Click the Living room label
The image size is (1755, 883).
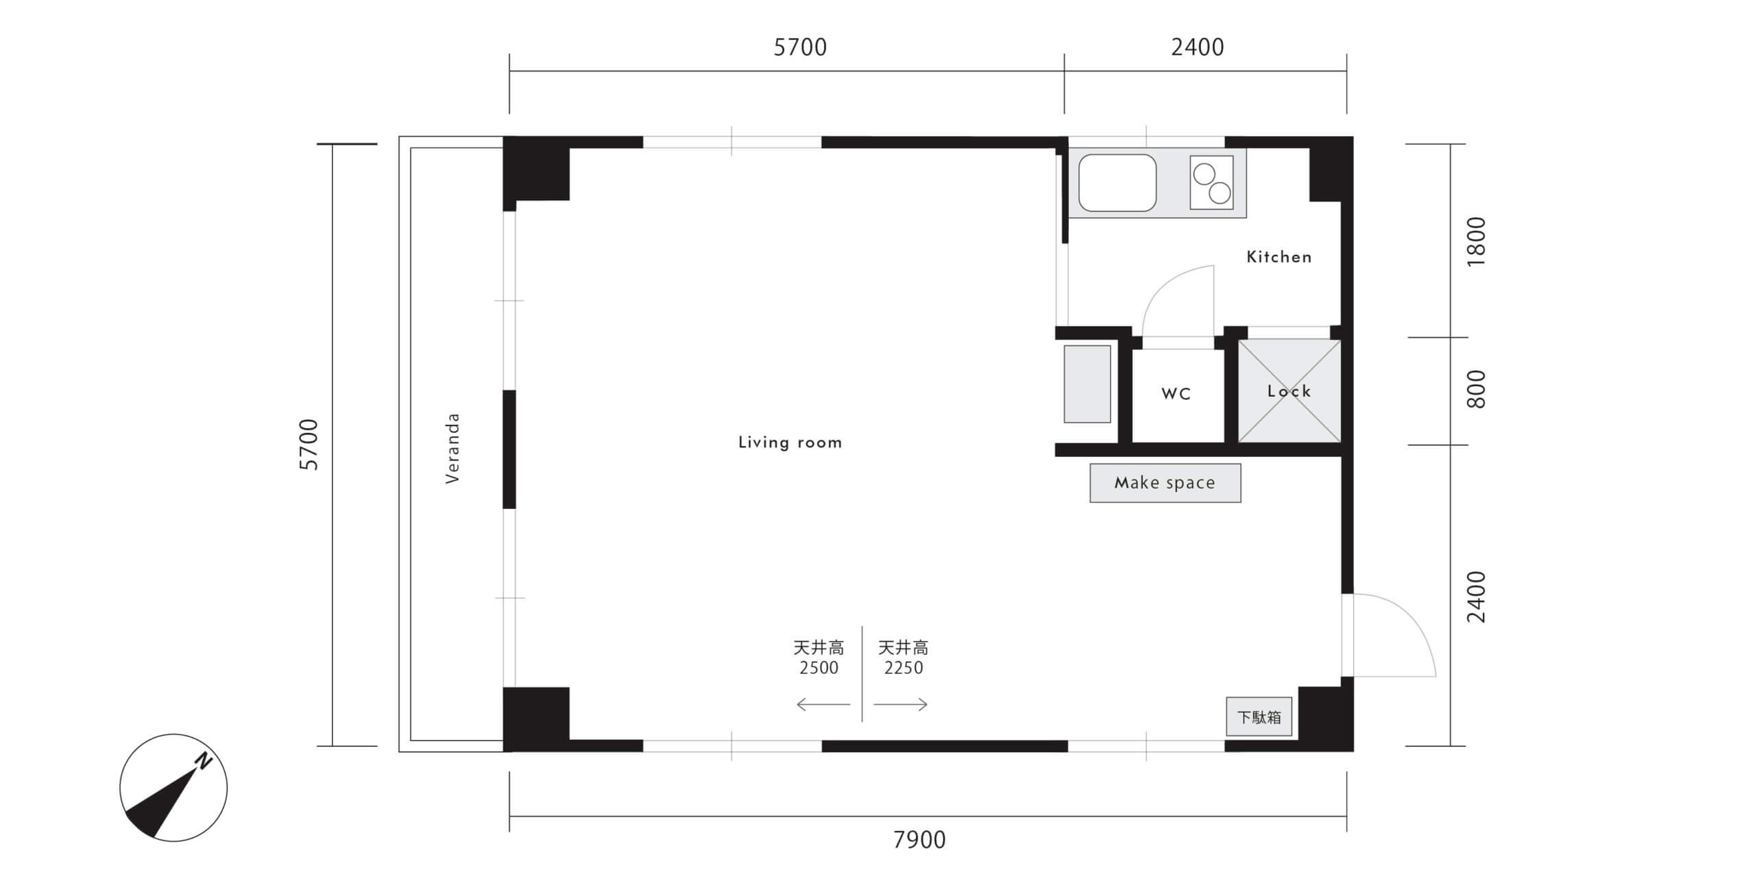[790, 443]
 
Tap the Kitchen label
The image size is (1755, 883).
[1279, 257]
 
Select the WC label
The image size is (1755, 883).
[1176, 394]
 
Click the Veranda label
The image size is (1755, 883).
[452, 449]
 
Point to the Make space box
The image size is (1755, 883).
[1165, 483]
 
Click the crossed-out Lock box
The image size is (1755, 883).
[1289, 391]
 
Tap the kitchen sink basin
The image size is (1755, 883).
[1117, 182]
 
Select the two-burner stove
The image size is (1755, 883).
[1211, 182]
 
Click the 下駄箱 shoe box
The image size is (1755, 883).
[1259, 717]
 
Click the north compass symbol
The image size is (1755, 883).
[173, 788]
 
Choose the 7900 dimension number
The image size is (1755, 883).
[919, 840]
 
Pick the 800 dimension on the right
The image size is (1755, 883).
[1476, 389]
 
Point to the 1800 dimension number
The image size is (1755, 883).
[1476, 242]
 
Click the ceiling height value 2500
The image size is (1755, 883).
[819, 668]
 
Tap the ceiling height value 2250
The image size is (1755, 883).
[904, 668]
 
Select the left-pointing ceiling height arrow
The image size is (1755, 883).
[823, 704]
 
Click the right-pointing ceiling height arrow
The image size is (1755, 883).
[900, 704]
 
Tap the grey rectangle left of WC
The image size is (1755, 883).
[1087, 384]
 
